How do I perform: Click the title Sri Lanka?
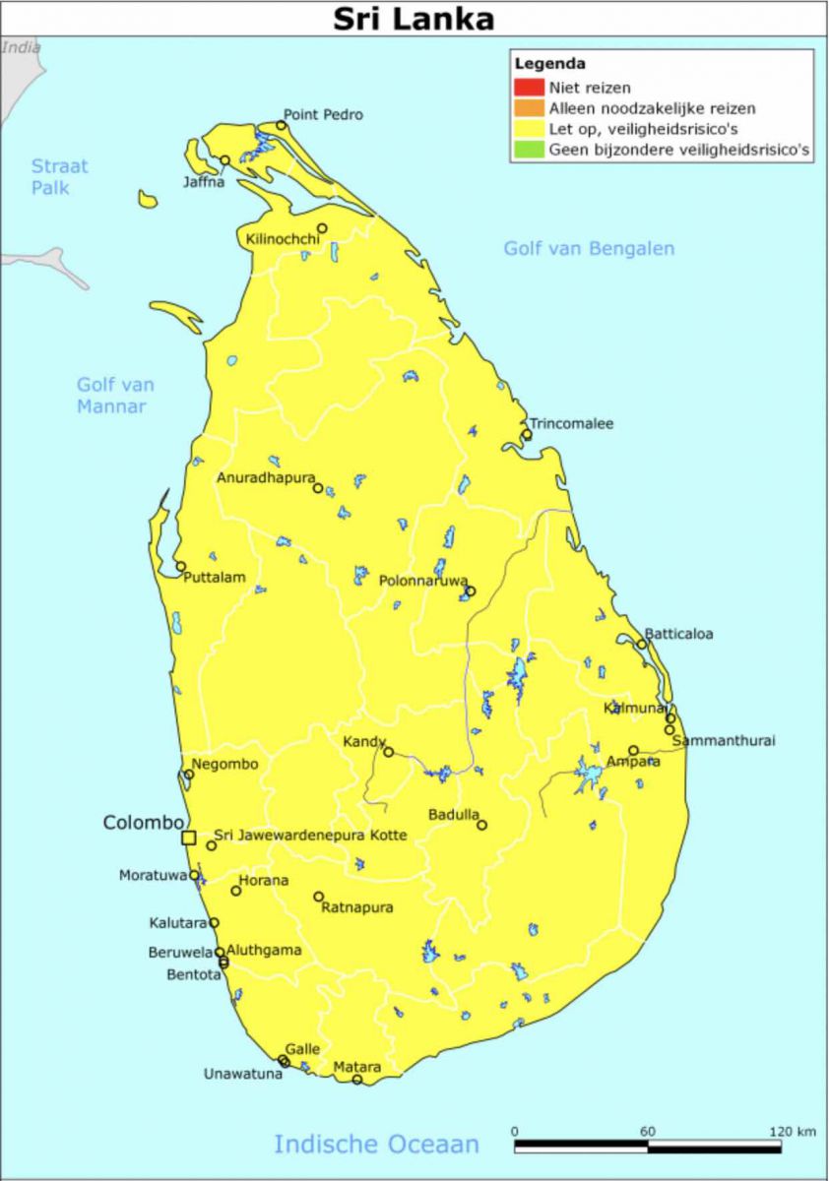pyautogui.click(x=414, y=19)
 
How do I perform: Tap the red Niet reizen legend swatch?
pyautogui.click(x=529, y=88)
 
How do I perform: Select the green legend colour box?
pyautogui.click(x=529, y=150)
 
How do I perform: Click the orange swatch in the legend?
pyautogui.click(x=529, y=108)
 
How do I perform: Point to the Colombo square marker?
pyautogui.click(x=189, y=838)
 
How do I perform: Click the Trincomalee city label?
pyautogui.click(x=573, y=424)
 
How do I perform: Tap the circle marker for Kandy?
pyautogui.click(x=388, y=752)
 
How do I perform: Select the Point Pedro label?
pyautogui.click(x=323, y=114)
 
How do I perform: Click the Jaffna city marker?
pyautogui.click(x=225, y=160)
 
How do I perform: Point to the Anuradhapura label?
pyautogui.click(x=266, y=478)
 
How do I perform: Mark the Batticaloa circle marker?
pyautogui.click(x=642, y=645)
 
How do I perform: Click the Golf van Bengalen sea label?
pyautogui.click(x=589, y=248)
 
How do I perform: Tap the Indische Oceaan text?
pyautogui.click(x=376, y=1144)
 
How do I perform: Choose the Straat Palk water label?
pyautogui.click(x=58, y=176)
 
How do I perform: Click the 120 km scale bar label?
pyautogui.click(x=793, y=1131)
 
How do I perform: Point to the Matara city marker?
pyautogui.click(x=357, y=1080)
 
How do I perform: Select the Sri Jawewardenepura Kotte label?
pyautogui.click(x=310, y=836)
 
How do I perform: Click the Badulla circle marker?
pyautogui.click(x=481, y=825)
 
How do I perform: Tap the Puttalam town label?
pyautogui.click(x=214, y=578)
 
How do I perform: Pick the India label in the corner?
pyautogui.click(x=21, y=46)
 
